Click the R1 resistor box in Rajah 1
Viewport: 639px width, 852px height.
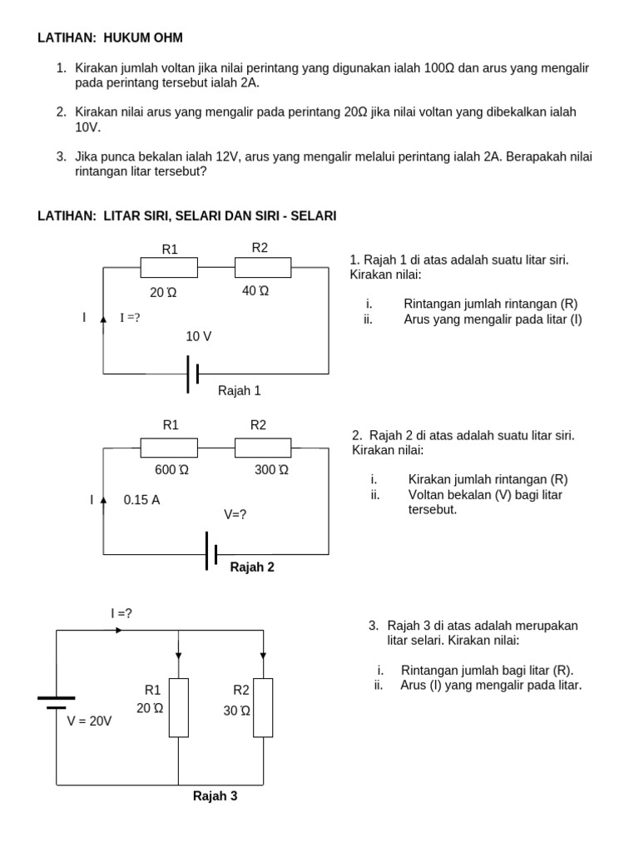[169, 267]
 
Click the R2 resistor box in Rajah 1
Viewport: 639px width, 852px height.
[263, 267]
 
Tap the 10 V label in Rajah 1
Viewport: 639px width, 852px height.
[199, 336]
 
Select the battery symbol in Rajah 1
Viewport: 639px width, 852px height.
[193, 374]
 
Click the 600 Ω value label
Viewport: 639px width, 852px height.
[172, 469]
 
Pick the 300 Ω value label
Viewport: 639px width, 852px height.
[272, 469]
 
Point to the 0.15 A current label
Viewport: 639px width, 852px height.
[141, 500]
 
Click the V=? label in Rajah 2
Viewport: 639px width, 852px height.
[235, 514]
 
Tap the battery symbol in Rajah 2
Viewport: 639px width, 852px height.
[211, 552]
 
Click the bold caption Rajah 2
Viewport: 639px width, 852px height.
[252, 567]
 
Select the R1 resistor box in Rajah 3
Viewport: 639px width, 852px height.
[179, 707]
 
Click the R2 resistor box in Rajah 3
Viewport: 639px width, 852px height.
[263, 707]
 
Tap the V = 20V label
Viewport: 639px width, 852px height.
[90, 721]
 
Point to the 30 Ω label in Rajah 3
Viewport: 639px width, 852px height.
[236, 711]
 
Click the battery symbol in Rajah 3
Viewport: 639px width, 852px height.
[57, 703]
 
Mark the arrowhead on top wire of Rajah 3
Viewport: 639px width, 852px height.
[119, 630]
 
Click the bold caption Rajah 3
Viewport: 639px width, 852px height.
[215, 796]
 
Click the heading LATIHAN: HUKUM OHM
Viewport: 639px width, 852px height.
[111, 38]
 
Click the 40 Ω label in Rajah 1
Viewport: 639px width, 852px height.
[255, 291]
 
